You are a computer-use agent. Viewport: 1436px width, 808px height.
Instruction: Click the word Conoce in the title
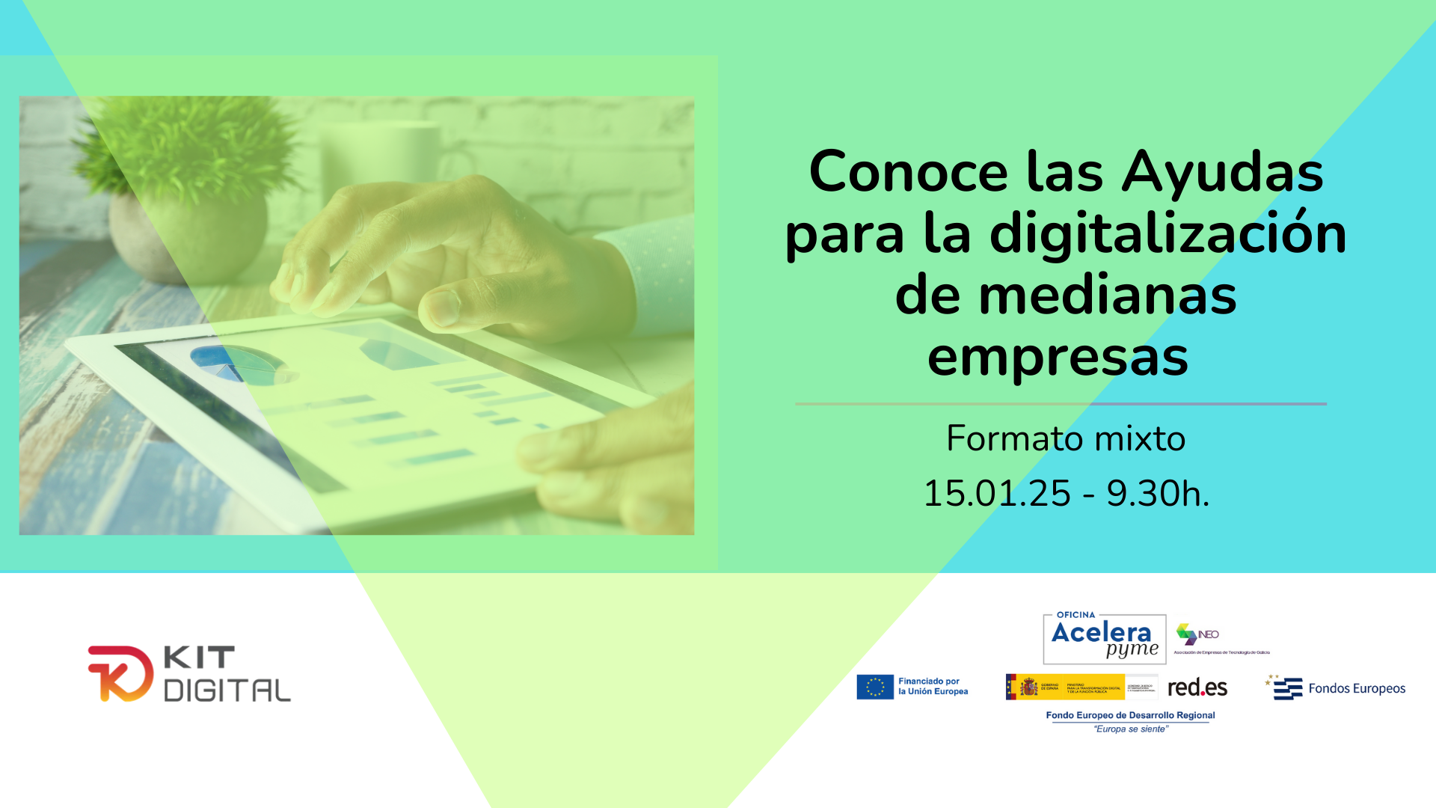[x=908, y=172]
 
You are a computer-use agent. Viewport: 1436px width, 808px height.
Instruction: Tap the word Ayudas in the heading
[x=1222, y=172]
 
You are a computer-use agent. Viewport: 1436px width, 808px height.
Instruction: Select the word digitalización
[x=1167, y=233]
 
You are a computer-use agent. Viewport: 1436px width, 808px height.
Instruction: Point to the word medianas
[x=1107, y=295]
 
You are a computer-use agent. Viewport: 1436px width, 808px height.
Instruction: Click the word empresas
[x=1058, y=357]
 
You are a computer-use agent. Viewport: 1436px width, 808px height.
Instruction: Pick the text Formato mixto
[x=1065, y=438]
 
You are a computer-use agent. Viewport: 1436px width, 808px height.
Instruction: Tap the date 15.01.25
[x=997, y=494]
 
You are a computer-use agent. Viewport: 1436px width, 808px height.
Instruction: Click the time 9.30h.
[x=1157, y=494]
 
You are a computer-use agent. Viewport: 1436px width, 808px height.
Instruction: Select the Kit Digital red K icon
[x=120, y=673]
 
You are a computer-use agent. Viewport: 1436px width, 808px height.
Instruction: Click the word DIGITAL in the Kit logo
[x=227, y=691]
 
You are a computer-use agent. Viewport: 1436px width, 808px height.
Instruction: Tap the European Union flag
[x=875, y=687]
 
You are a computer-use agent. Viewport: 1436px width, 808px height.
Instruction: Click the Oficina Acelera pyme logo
[x=1104, y=639]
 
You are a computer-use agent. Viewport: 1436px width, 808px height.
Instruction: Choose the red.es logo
[x=1197, y=687]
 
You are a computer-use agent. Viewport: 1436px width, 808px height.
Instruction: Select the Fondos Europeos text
[x=1357, y=688]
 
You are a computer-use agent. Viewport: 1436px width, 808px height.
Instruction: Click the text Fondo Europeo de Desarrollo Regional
[x=1130, y=715]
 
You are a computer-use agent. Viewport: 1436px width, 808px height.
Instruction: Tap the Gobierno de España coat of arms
[x=1029, y=687]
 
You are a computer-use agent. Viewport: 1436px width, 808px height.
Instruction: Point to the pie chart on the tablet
[x=237, y=363]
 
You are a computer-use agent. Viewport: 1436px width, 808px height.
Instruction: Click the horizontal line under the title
[x=1061, y=404]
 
